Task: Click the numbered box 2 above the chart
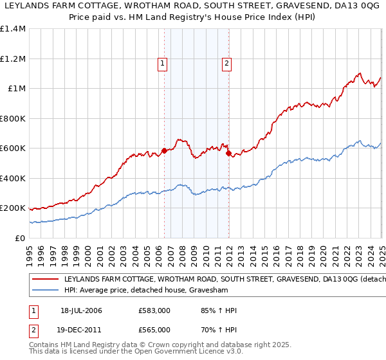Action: tap(227, 64)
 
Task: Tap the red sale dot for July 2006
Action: tap(164, 151)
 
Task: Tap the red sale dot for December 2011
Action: tap(228, 154)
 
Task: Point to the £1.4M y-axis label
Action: tap(14, 29)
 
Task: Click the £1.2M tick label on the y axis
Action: tap(14, 59)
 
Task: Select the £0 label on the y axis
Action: tap(20, 238)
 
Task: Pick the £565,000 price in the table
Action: tap(154, 330)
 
